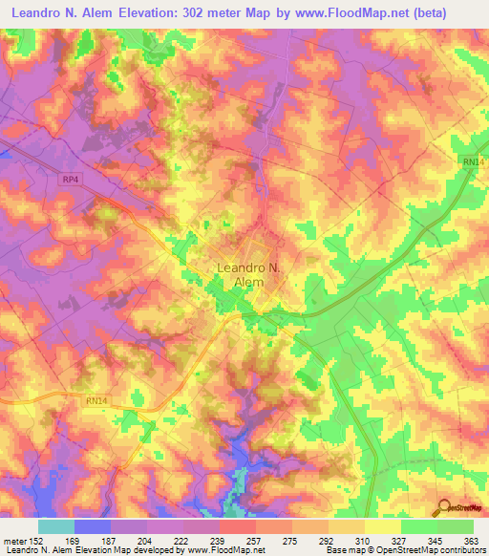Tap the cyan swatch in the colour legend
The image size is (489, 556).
coord(56,526)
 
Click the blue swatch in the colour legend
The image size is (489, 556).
coord(93,526)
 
